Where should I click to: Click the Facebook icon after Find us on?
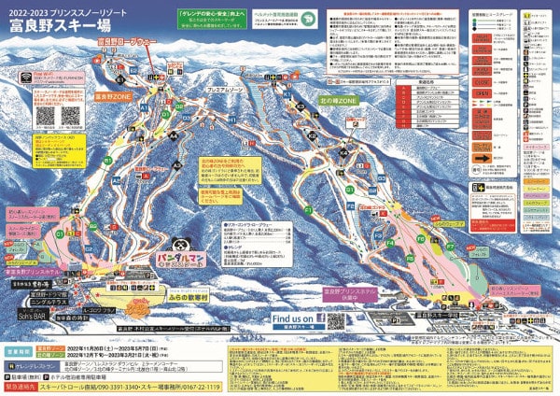[319, 318]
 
